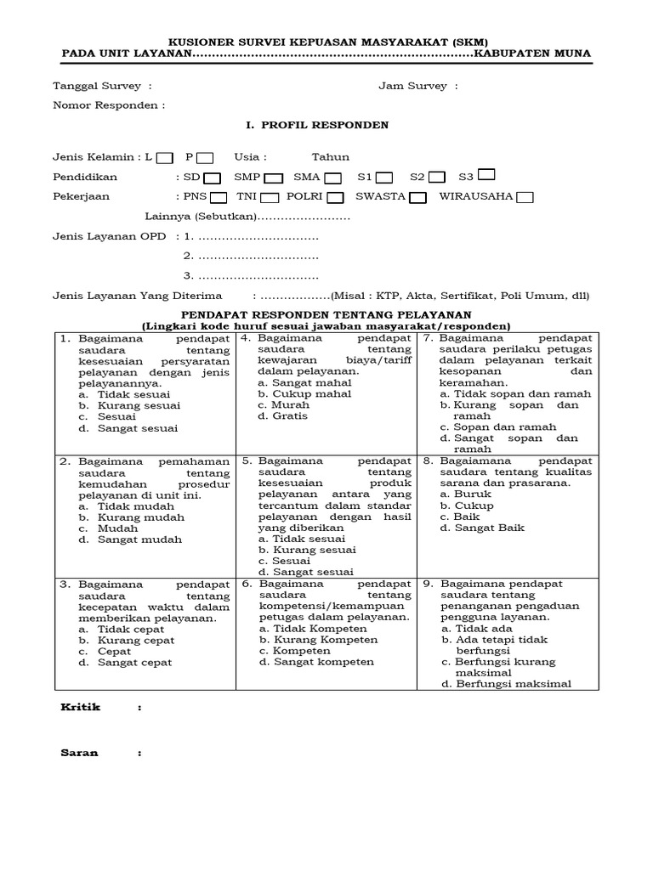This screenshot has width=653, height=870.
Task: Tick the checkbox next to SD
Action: point(213,178)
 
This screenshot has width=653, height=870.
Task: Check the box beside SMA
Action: point(332,178)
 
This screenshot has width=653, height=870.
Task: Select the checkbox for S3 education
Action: point(487,175)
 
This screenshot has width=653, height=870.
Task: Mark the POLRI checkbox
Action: point(335,197)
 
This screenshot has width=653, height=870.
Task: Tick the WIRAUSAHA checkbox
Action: point(525,197)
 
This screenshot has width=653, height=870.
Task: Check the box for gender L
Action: point(165,157)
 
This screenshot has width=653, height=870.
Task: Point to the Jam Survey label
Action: point(412,87)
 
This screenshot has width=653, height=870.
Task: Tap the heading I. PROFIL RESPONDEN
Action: point(317,125)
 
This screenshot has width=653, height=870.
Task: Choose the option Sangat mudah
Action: point(133,539)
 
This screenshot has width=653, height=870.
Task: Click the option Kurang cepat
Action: point(130,640)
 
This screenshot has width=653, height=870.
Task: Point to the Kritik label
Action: point(80,707)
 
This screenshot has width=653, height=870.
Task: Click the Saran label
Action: point(79,752)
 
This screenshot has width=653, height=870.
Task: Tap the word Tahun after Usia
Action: point(330,157)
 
